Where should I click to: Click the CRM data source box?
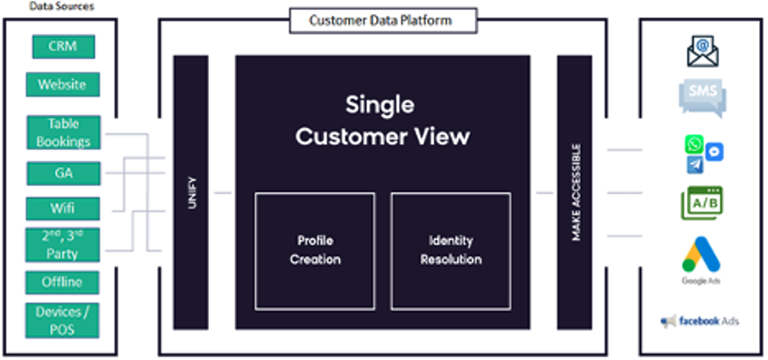tap(64, 46)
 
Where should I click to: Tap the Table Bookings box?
tap(64, 133)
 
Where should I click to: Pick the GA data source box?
tap(64, 173)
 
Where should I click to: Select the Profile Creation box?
tap(315, 250)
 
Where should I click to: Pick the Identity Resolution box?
tap(451, 250)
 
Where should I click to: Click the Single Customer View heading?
tap(383, 120)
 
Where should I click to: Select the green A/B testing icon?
tap(702, 203)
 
